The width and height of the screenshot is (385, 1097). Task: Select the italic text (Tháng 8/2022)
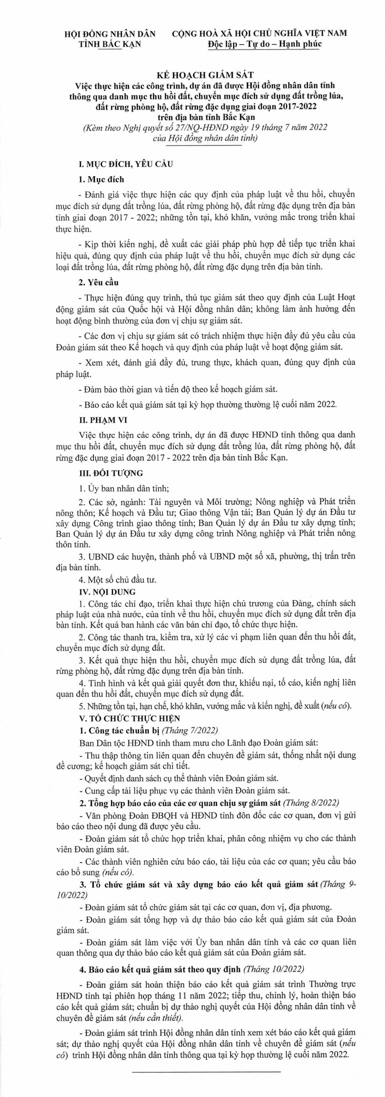tap(310, 802)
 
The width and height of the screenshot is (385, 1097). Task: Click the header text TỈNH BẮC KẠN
tap(110, 44)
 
